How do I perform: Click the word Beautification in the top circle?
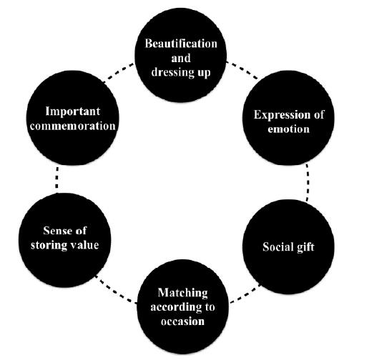click(x=181, y=44)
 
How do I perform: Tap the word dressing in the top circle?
click(x=172, y=72)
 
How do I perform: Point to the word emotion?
click(x=288, y=129)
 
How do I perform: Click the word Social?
click(x=277, y=246)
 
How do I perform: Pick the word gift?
click(x=305, y=247)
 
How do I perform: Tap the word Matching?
click(x=182, y=293)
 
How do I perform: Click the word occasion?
click(x=182, y=321)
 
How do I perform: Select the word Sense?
click(x=56, y=231)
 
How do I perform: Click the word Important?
click(x=73, y=111)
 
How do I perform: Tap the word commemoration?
click(x=73, y=126)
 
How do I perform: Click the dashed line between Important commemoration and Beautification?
click(x=119, y=72)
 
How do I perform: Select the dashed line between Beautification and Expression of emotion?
click(x=242, y=71)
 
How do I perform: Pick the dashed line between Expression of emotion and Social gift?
click(x=307, y=182)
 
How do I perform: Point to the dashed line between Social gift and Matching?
click(x=245, y=294)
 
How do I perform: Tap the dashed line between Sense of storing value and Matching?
click(x=116, y=290)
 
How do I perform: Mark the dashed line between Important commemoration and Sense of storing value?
click(x=56, y=178)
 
